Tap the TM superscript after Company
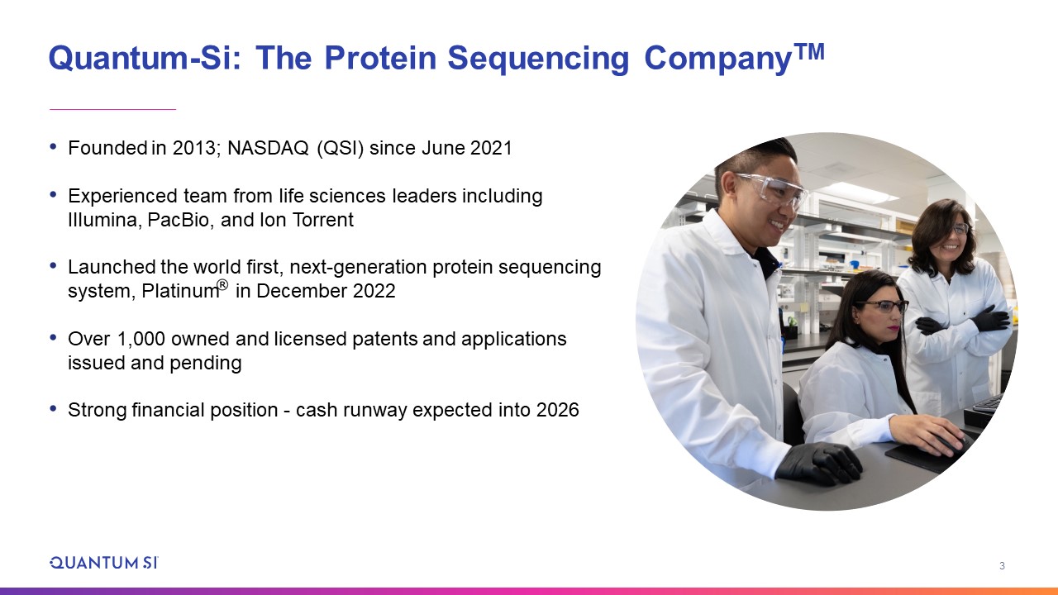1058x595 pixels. coord(809,52)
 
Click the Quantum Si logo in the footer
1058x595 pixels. coord(104,563)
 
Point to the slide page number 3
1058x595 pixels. coord(1003,565)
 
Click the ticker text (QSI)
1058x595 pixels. coord(340,148)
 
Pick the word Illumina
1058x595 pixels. coord(102,220)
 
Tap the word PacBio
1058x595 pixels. coord(178,220)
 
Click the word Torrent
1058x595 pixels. coord(323,220)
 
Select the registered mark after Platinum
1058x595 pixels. coord(222,285)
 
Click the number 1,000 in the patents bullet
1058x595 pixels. coord(141,339)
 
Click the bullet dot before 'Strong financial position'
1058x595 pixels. coord(54,407)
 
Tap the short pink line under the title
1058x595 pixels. coord(113,109)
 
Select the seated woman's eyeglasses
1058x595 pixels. coord(882,306)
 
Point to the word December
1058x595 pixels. coord(302,291)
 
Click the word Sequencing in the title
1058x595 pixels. coord(538,59)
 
